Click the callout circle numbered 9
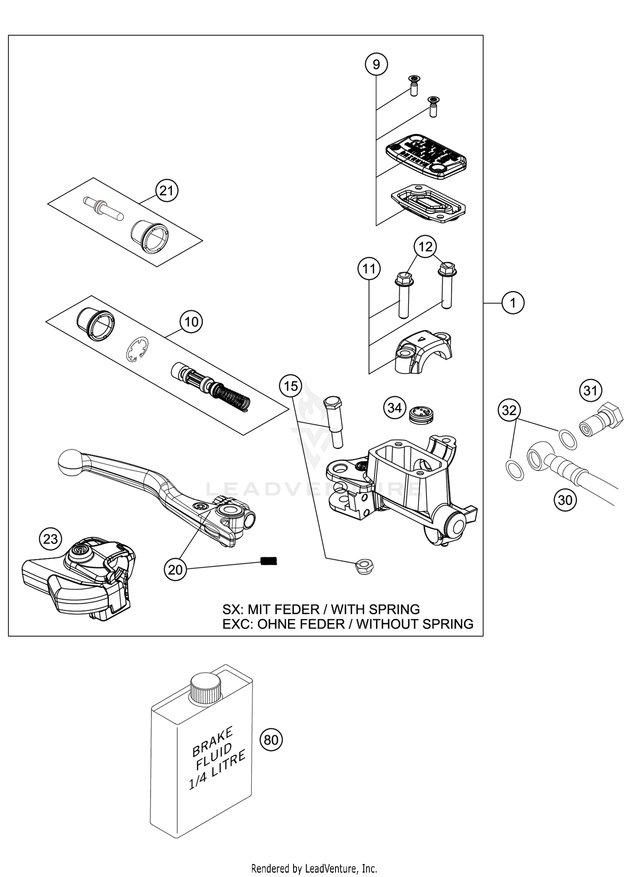click(x=376, y=64)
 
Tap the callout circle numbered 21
click(x=166, y=191)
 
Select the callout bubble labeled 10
click(x=191, y=322)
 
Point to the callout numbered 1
click(x=513, y=302)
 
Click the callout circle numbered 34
click(x=395, y=407)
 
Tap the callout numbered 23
click(x=50, y=539)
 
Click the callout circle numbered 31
click(x=590, y=391)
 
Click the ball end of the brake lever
click(x=70, y=462)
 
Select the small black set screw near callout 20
click(x=270, y=561)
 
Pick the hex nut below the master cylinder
click(x=364, y=567)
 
